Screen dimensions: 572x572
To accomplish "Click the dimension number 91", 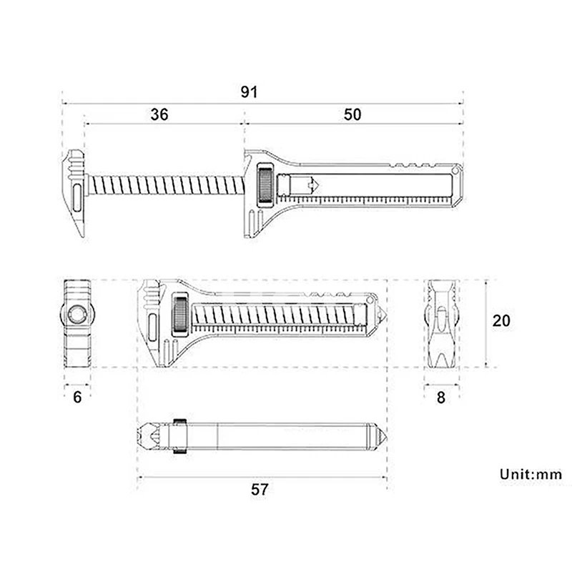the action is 249,92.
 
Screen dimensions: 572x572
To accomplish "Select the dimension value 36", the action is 159,114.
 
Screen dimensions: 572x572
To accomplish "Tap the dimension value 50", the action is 352,114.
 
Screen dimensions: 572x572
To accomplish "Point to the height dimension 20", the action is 501,320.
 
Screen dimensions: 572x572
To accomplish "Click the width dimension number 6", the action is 77,398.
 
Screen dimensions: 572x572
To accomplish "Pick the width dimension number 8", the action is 441,398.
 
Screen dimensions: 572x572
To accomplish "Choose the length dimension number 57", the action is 260,489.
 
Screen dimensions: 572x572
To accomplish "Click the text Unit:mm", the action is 531,474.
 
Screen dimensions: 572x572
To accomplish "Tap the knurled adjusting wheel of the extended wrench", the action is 265,183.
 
